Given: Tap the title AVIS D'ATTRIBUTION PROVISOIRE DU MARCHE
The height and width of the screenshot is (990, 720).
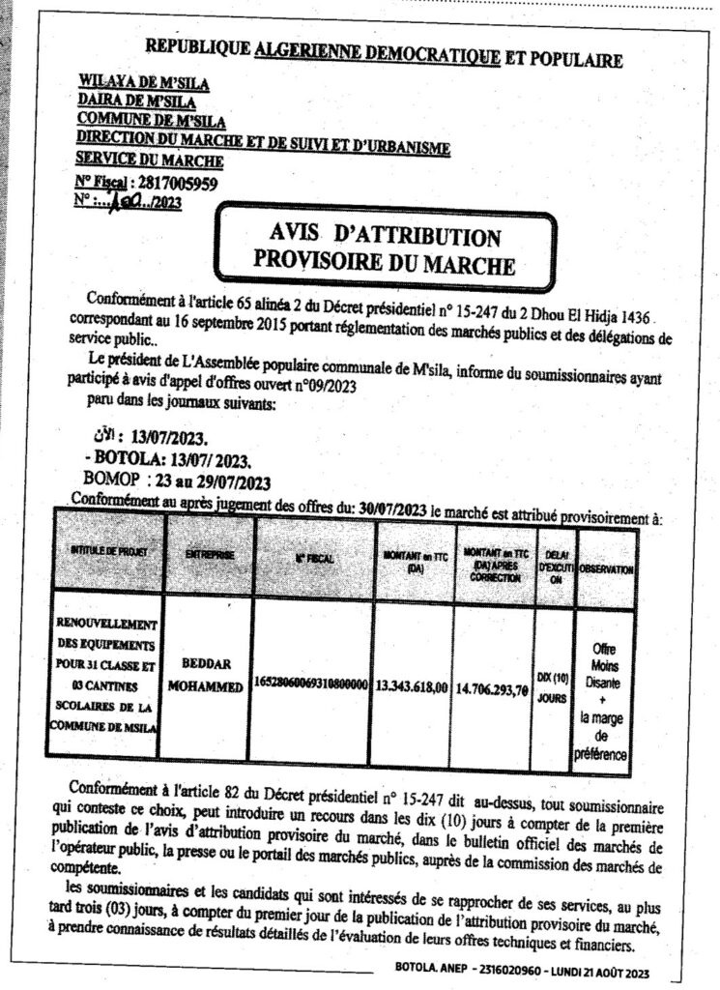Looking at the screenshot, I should (383, 247).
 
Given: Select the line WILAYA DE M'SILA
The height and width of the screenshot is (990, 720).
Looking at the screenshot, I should (144, 85).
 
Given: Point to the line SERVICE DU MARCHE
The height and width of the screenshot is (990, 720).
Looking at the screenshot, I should (149, 160).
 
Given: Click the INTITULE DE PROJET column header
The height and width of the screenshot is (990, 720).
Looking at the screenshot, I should (108, 553).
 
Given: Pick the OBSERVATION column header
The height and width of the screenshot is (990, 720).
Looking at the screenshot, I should (606, 570).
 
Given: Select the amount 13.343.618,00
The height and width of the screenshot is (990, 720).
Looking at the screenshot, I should (413, 687).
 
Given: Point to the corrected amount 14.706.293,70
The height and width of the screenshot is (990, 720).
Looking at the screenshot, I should (495, 690).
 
